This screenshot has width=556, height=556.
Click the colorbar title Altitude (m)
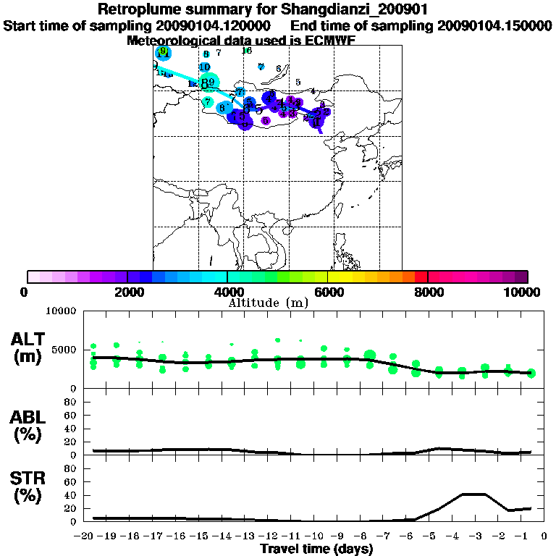[268, 303]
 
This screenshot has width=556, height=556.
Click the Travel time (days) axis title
[316, 549]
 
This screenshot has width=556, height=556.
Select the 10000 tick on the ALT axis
[60, 312]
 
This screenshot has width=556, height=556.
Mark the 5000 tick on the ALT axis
[63, 350]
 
